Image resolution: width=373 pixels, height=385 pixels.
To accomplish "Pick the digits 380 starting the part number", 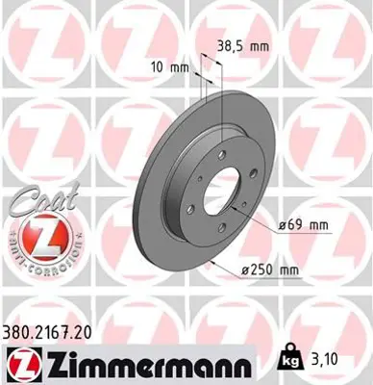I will coord(20,330).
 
